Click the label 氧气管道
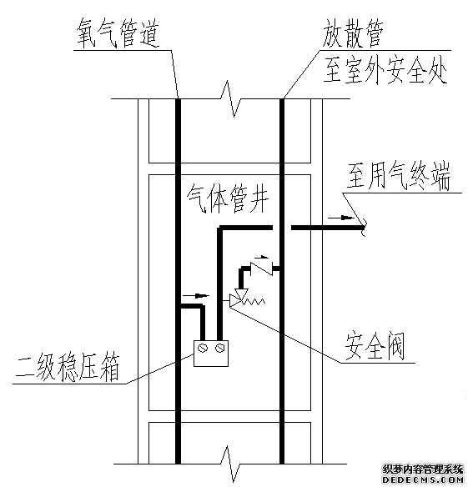pos(118,34)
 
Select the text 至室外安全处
pos(385,70)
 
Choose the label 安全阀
pos(375,347)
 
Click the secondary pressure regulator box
pos(211,354)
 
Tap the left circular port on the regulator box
pos(203,348)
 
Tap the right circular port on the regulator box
pos(219,348)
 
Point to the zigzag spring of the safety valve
pos(255,302)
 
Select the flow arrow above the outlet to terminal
pos(340,218)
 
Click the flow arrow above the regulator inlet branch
pos(196,295)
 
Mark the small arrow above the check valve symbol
pos(261,257)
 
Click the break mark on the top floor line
pos(231,99)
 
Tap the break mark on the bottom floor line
pos(231,464)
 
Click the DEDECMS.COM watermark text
pos(423,479)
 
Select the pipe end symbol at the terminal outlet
pos(363,227)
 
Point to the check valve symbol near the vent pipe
pos(261,269)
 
